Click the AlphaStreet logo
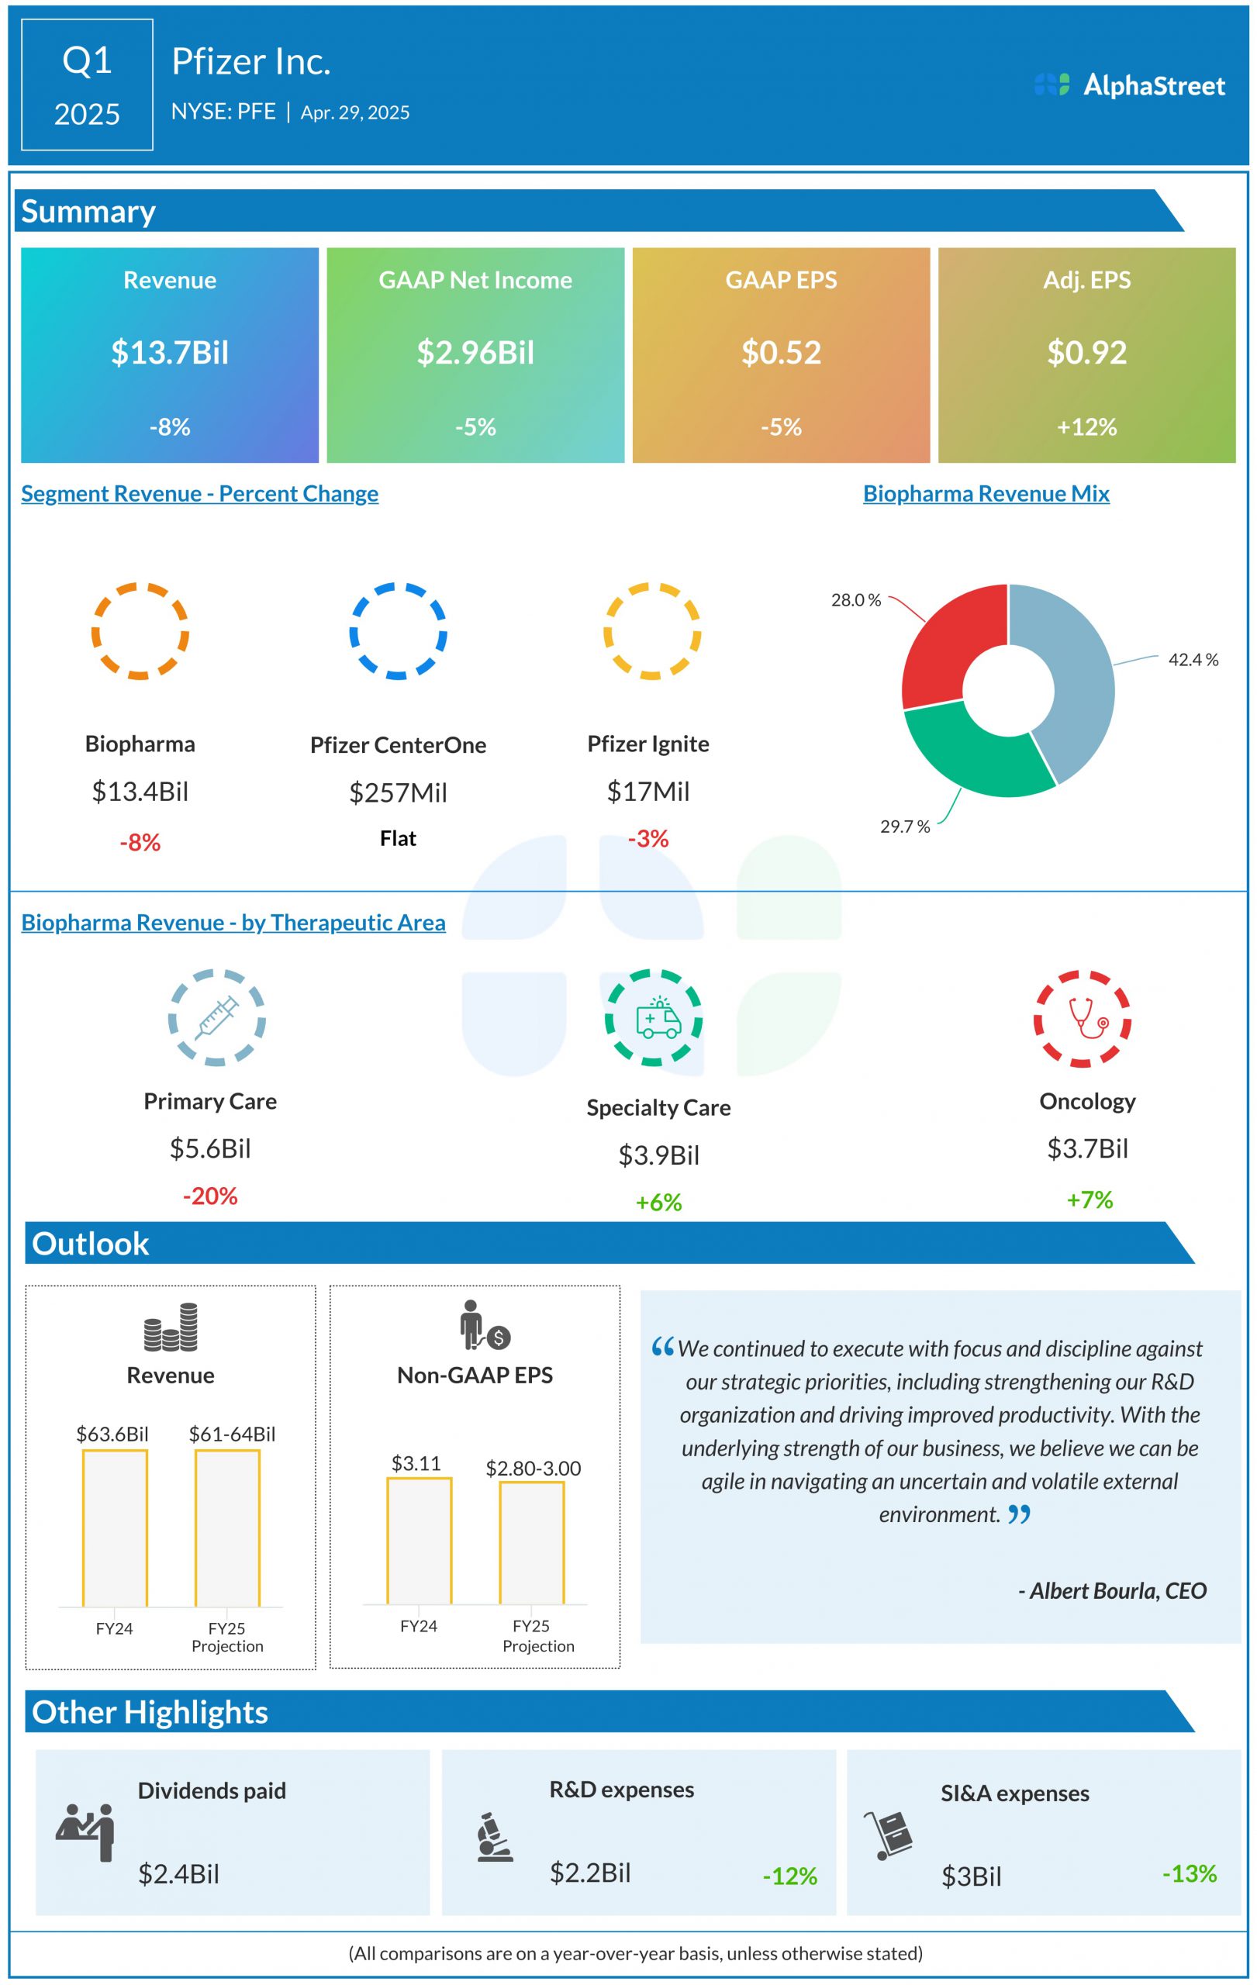click(x=1129, y=85)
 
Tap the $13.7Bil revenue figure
click(x=170, y=353)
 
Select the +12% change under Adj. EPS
click(x=1086, y=427)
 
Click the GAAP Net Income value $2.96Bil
click(x=475, y=353)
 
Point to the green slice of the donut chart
click(x=972, y=754)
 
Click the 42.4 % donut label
click(x=1193, y=659)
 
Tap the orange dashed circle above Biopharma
click(x=140, y=630)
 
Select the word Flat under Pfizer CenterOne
click(x=398, y=838)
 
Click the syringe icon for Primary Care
click(x=217, y=1018)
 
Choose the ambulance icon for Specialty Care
click(x=658, y=1019)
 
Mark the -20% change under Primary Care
click(x=210, y=1196)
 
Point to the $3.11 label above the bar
click(x=416, y=1462)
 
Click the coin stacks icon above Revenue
click(x=171, y=1327)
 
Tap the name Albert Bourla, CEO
click(x=1113, y=1590)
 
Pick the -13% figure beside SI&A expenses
click(x=1190, y=1873)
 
